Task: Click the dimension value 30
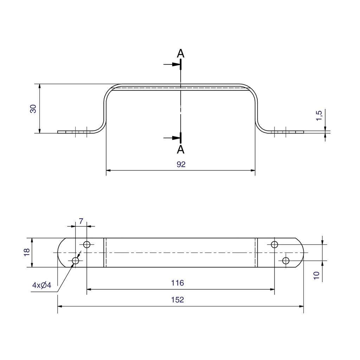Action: (33, 108)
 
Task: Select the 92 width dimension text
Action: (181, 165)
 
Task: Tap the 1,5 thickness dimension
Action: (319, 115)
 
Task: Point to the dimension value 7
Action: (81, 221)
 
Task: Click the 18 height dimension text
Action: (27, 252)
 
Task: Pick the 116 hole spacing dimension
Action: (178, 283)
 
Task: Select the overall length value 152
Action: (178, 300)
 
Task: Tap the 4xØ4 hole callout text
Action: (42, 285)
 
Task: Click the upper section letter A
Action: (180, 53)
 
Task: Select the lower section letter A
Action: (180, 150)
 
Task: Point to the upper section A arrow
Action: (172, 64)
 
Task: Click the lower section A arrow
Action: (172, 138)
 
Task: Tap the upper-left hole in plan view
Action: (86, 244)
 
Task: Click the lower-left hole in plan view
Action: (75, 261)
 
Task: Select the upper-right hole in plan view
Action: (275, 244)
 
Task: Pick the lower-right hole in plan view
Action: (286, 261)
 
